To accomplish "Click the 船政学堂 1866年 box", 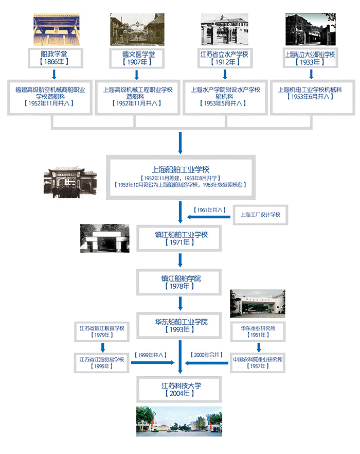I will [x=50, y=58].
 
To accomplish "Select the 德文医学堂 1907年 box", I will [x=136, y=58].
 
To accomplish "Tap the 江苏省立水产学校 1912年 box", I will [x=225, y=58].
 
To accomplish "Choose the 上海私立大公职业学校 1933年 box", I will [x=310, y=58].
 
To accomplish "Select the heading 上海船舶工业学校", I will [x=180, y=169].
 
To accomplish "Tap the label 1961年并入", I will [x=210, y=210].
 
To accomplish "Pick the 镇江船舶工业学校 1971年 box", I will [x=181, y=239].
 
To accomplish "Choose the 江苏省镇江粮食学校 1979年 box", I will [x=102, y=331].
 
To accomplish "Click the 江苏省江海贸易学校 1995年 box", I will [x=102, y=363].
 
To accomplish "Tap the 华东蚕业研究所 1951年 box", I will [x=257, y=331].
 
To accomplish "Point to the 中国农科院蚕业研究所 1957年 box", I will [x=257, y=363].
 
